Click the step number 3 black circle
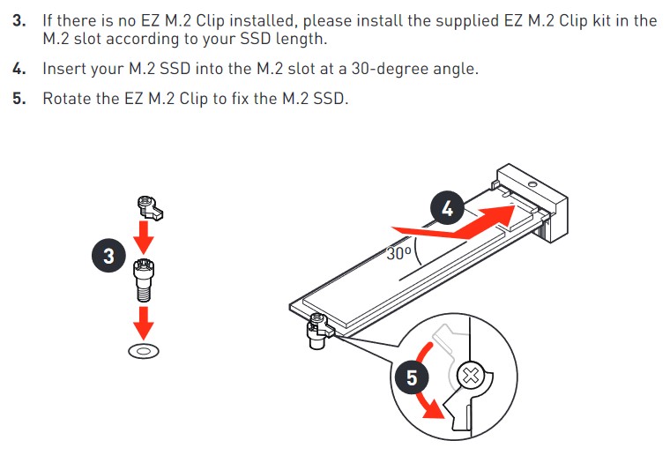[x=109, y=256]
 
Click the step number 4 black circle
[x=447, y=209]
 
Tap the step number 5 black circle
[x=412, y=377]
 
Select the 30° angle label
[x=399, y=253]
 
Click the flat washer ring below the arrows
[x=144, y=351]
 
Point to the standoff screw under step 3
[x=144, y=280]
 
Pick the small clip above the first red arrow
[x=150, y=208]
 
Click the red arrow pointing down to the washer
[x=144, y=324]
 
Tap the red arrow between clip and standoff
[x=144, y=238]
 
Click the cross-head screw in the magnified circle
[x=471, y=377]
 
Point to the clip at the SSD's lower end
[x=318, y=331]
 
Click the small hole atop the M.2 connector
[x=532, y=184]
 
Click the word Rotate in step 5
[x=67, y=98]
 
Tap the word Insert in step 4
[x=63, y=69]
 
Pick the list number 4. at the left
[x=19, y=69]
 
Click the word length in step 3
[x=301, y=39]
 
